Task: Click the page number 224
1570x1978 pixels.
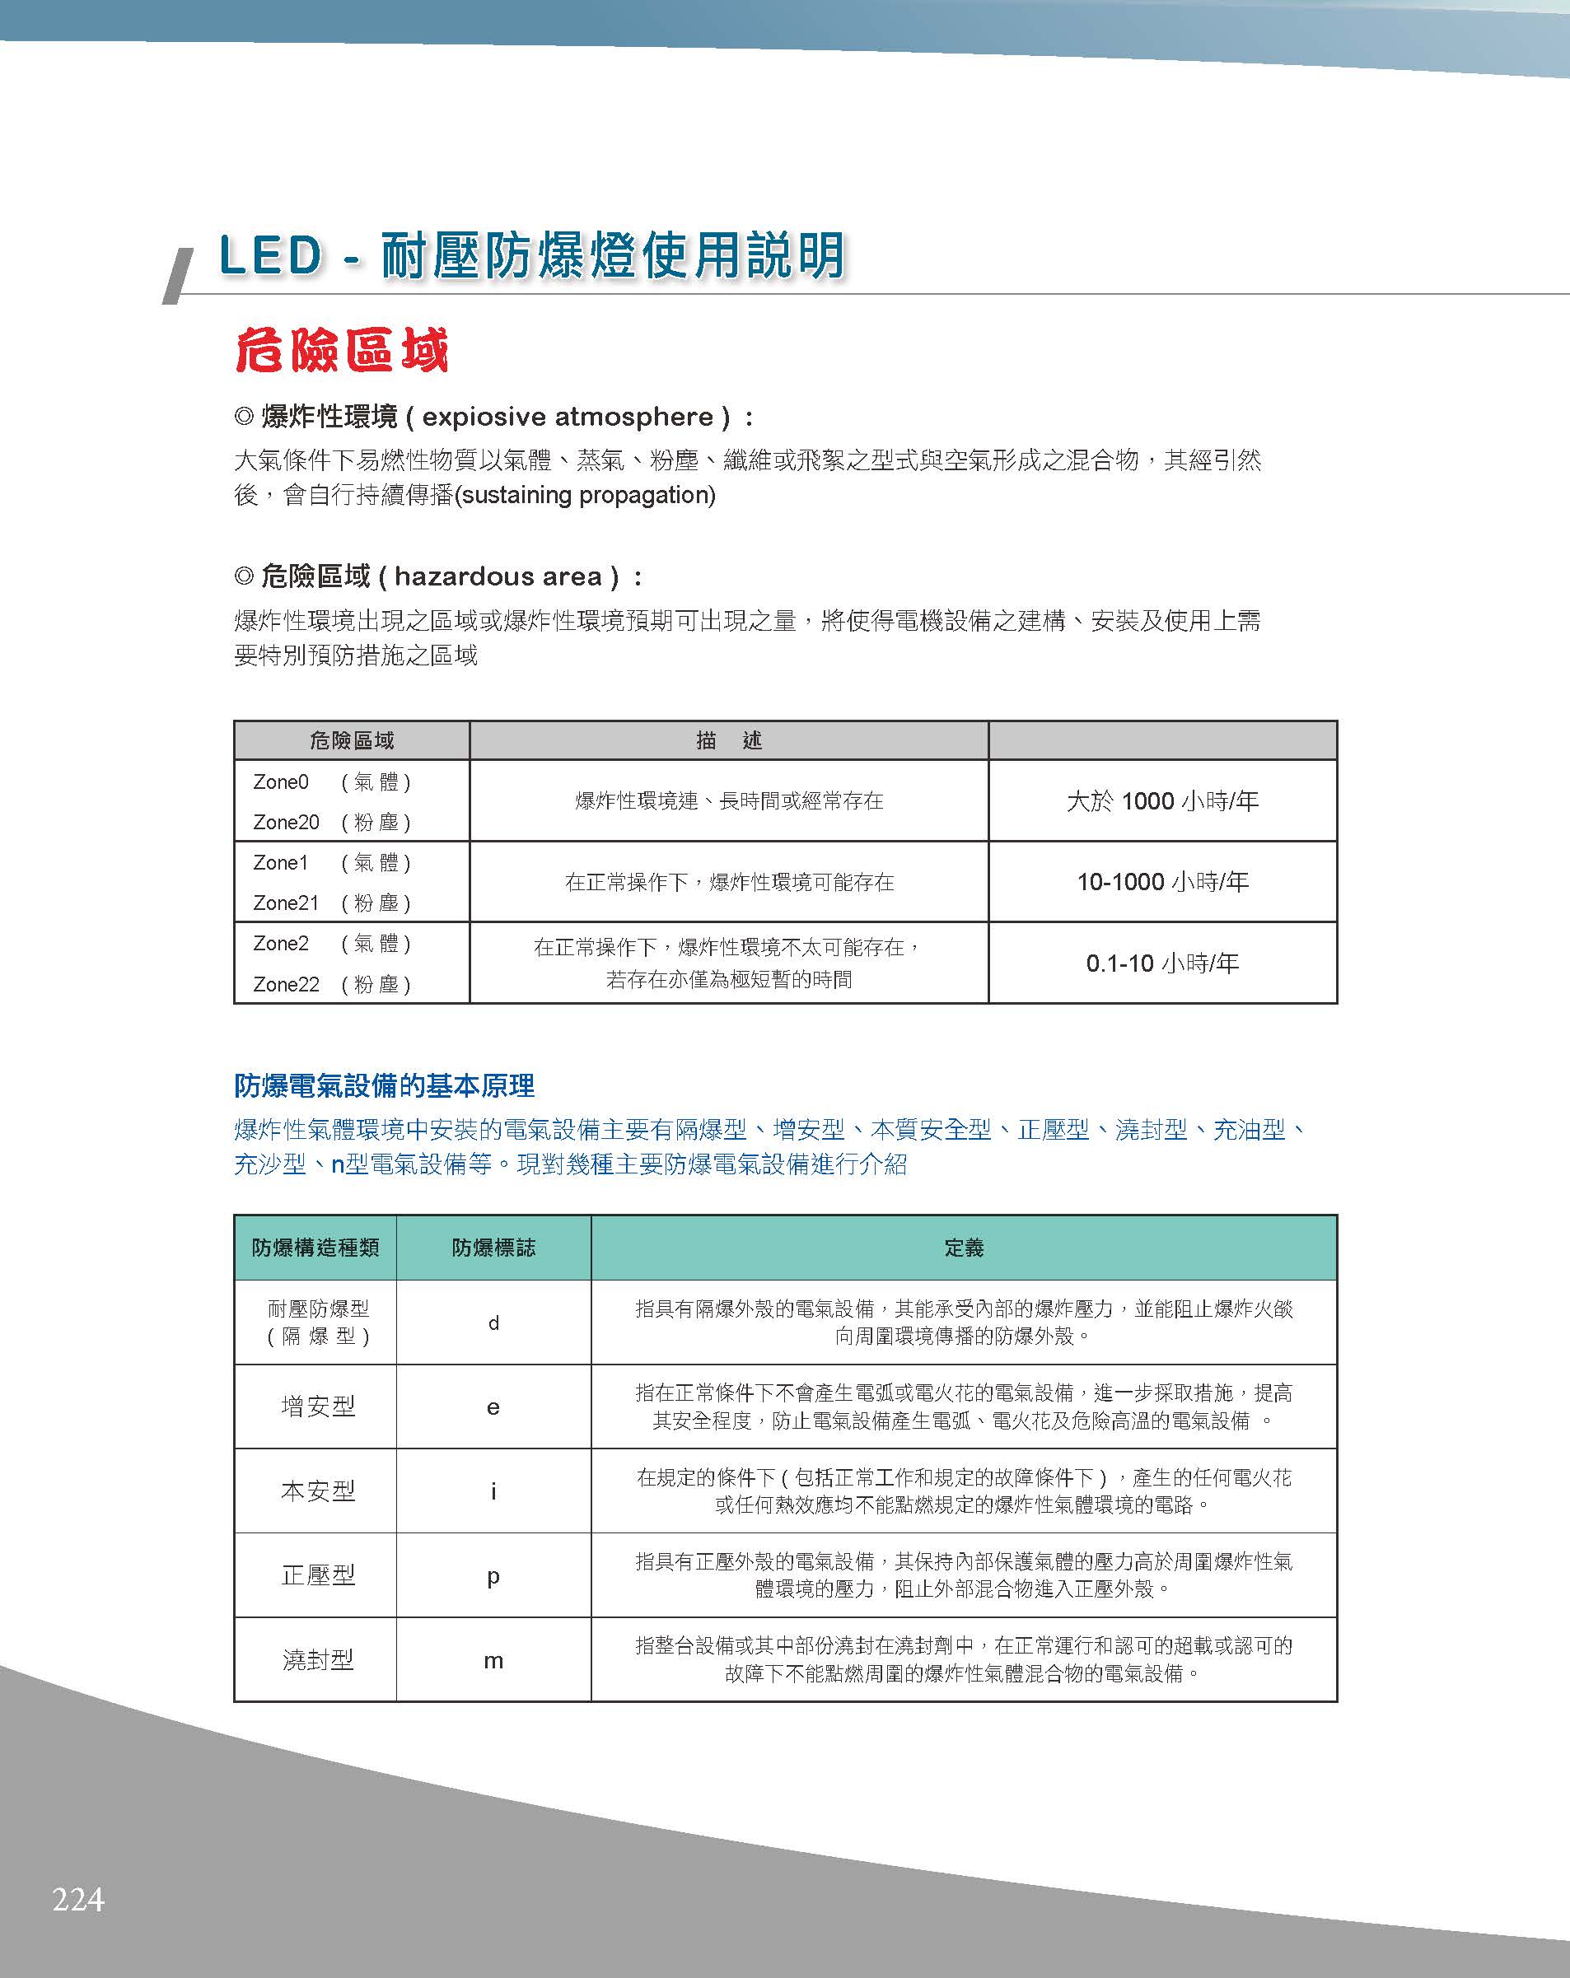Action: tap(78, 1898)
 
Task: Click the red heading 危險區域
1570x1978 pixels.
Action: tap(341, 351)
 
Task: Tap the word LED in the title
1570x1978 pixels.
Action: tap(271, 255)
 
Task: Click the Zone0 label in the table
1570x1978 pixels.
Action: tap(281, 781)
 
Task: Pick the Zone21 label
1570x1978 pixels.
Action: tap(285, 903)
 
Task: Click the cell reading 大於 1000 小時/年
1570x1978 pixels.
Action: tap(1161, 801)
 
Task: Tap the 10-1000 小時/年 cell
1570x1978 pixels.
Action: tap(1161, 882)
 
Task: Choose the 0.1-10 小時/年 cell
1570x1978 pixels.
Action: tap(1161, 963)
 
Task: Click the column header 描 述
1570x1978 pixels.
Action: tap(728, 740)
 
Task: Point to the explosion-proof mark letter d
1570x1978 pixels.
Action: tap(493, 1323)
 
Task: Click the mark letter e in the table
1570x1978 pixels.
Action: tap(493, 1407)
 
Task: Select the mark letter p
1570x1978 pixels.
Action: tap(493, 1576)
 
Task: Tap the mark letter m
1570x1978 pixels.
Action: tap(493, 1661)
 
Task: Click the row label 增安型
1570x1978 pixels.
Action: tap(317, 1407)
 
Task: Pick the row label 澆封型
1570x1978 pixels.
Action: tap(317, 1659)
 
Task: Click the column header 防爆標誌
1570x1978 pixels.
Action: tap(493, 1248)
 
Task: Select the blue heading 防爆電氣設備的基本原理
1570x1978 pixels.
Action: tap(385, 1086)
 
